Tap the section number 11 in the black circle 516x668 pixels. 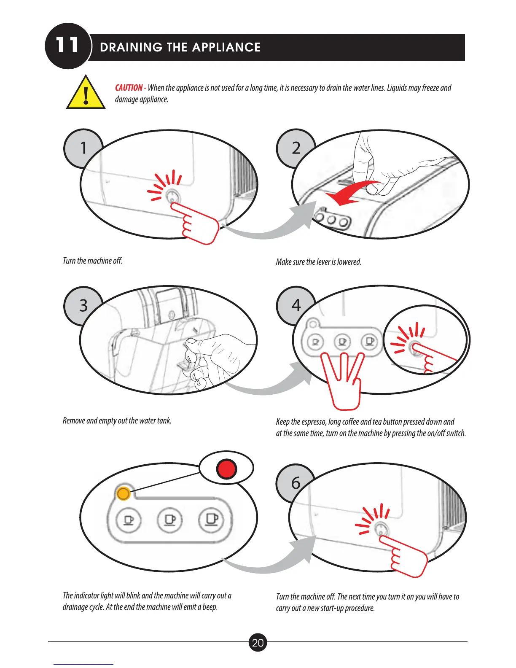(x=67, y=46)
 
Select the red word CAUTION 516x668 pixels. (x=129, y=88)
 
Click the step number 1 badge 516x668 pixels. (x=83, y=148)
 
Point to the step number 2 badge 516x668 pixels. (x=296, y=148)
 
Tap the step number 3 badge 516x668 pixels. (x=83, y=305)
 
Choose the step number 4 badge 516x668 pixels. (x=296, y=305)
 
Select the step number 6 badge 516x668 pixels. (x=296, y=483)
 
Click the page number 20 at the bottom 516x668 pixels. (x=258, y=643)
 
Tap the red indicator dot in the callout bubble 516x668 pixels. (x=226, y=469)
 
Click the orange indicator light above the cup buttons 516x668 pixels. (x=123, y=493)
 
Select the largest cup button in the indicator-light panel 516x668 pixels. (x=212, y=520)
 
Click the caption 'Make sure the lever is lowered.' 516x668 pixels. (x=318, y=262)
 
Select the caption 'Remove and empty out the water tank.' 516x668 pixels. (x=117, y=420)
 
